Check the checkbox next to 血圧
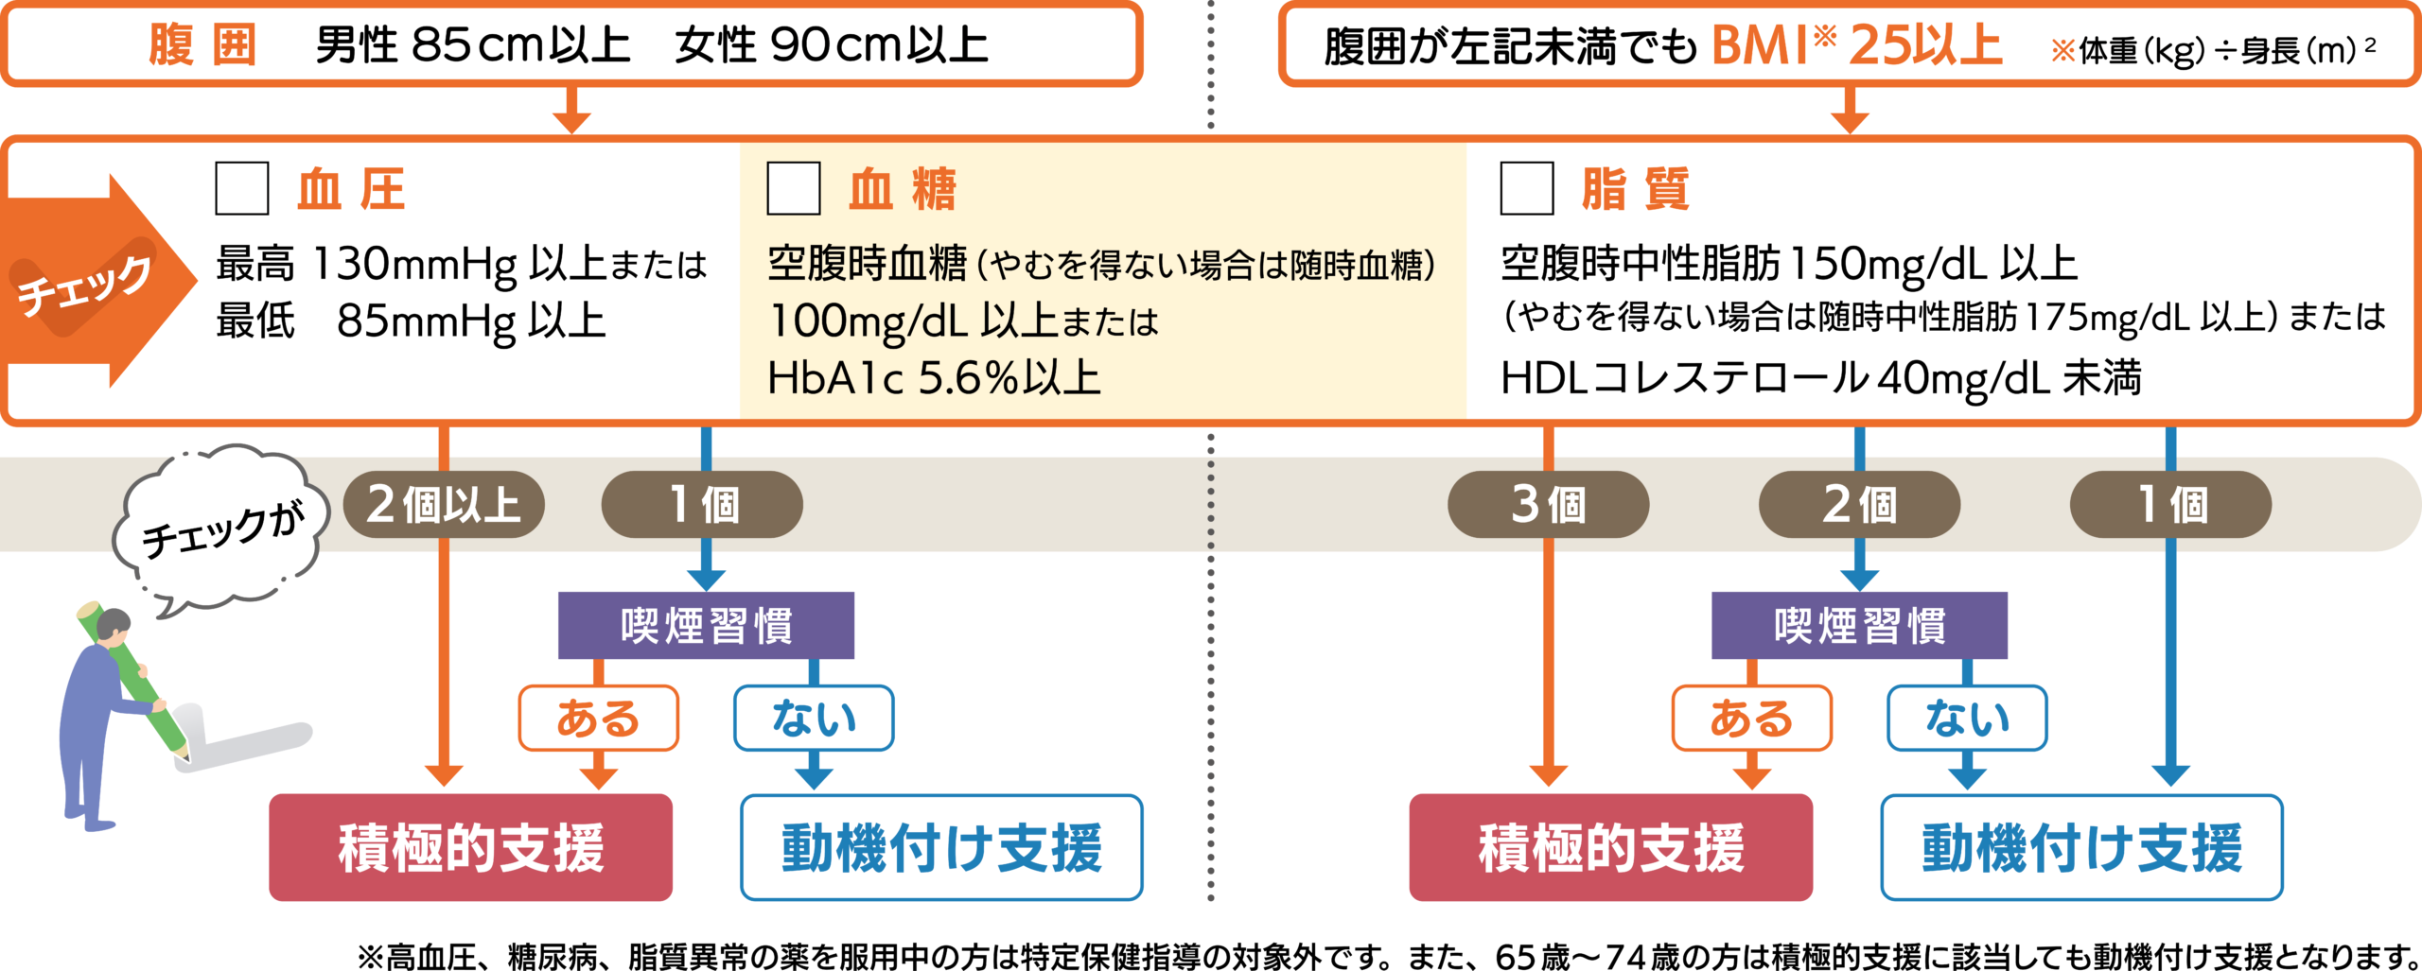[x=242, y=188]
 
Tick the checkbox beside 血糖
[x=793, y=188]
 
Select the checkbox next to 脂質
[x=1527, y=188]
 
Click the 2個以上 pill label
[x=444, y=505]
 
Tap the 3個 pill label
[x=1548, y=505]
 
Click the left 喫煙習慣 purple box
[x=706, y=626]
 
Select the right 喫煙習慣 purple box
[x=1859, y=626]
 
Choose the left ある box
[x=598, y=719]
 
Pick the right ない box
[x=1967, y=719]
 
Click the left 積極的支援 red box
[x=471, y=847]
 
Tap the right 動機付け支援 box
[x=2081, y=847]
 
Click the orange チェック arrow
[x=95, y=282]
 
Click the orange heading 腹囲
[x=202, y=45]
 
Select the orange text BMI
[x=1760, y=45]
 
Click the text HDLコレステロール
[x=1684, y=378]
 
